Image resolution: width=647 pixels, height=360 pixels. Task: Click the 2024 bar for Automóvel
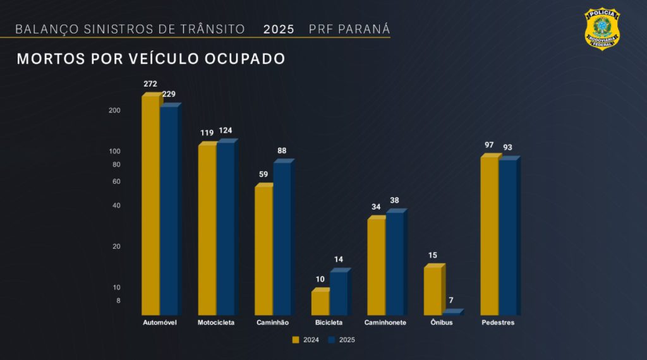point(150,205)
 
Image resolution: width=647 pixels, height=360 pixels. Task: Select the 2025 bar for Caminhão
point(282,239)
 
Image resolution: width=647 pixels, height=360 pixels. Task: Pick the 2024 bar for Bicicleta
point(320,303)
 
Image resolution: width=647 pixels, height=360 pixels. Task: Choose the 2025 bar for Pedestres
point(507,237)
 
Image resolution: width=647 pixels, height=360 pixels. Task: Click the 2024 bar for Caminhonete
point(376,267)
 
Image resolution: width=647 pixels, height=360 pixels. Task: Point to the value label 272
point(150,84)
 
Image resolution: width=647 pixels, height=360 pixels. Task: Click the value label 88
point(282,151)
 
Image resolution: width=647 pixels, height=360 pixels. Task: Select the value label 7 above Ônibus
point(451,300)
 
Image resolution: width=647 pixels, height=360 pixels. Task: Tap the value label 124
point(226,131)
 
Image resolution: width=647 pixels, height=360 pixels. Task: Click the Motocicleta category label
point(216,323)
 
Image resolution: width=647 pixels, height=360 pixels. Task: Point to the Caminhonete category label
point(385,323)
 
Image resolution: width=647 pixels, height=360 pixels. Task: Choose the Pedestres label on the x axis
point(498,323)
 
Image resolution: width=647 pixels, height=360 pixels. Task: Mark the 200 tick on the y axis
point(114,111)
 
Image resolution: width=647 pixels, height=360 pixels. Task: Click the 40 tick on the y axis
point(116,206)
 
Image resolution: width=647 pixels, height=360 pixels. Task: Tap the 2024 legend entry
point(306,340)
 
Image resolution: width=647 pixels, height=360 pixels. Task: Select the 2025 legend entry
point(342,340)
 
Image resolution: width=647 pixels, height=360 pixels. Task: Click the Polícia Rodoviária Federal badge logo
point(602,28)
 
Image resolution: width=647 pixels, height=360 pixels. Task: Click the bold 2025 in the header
point(279,30)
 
